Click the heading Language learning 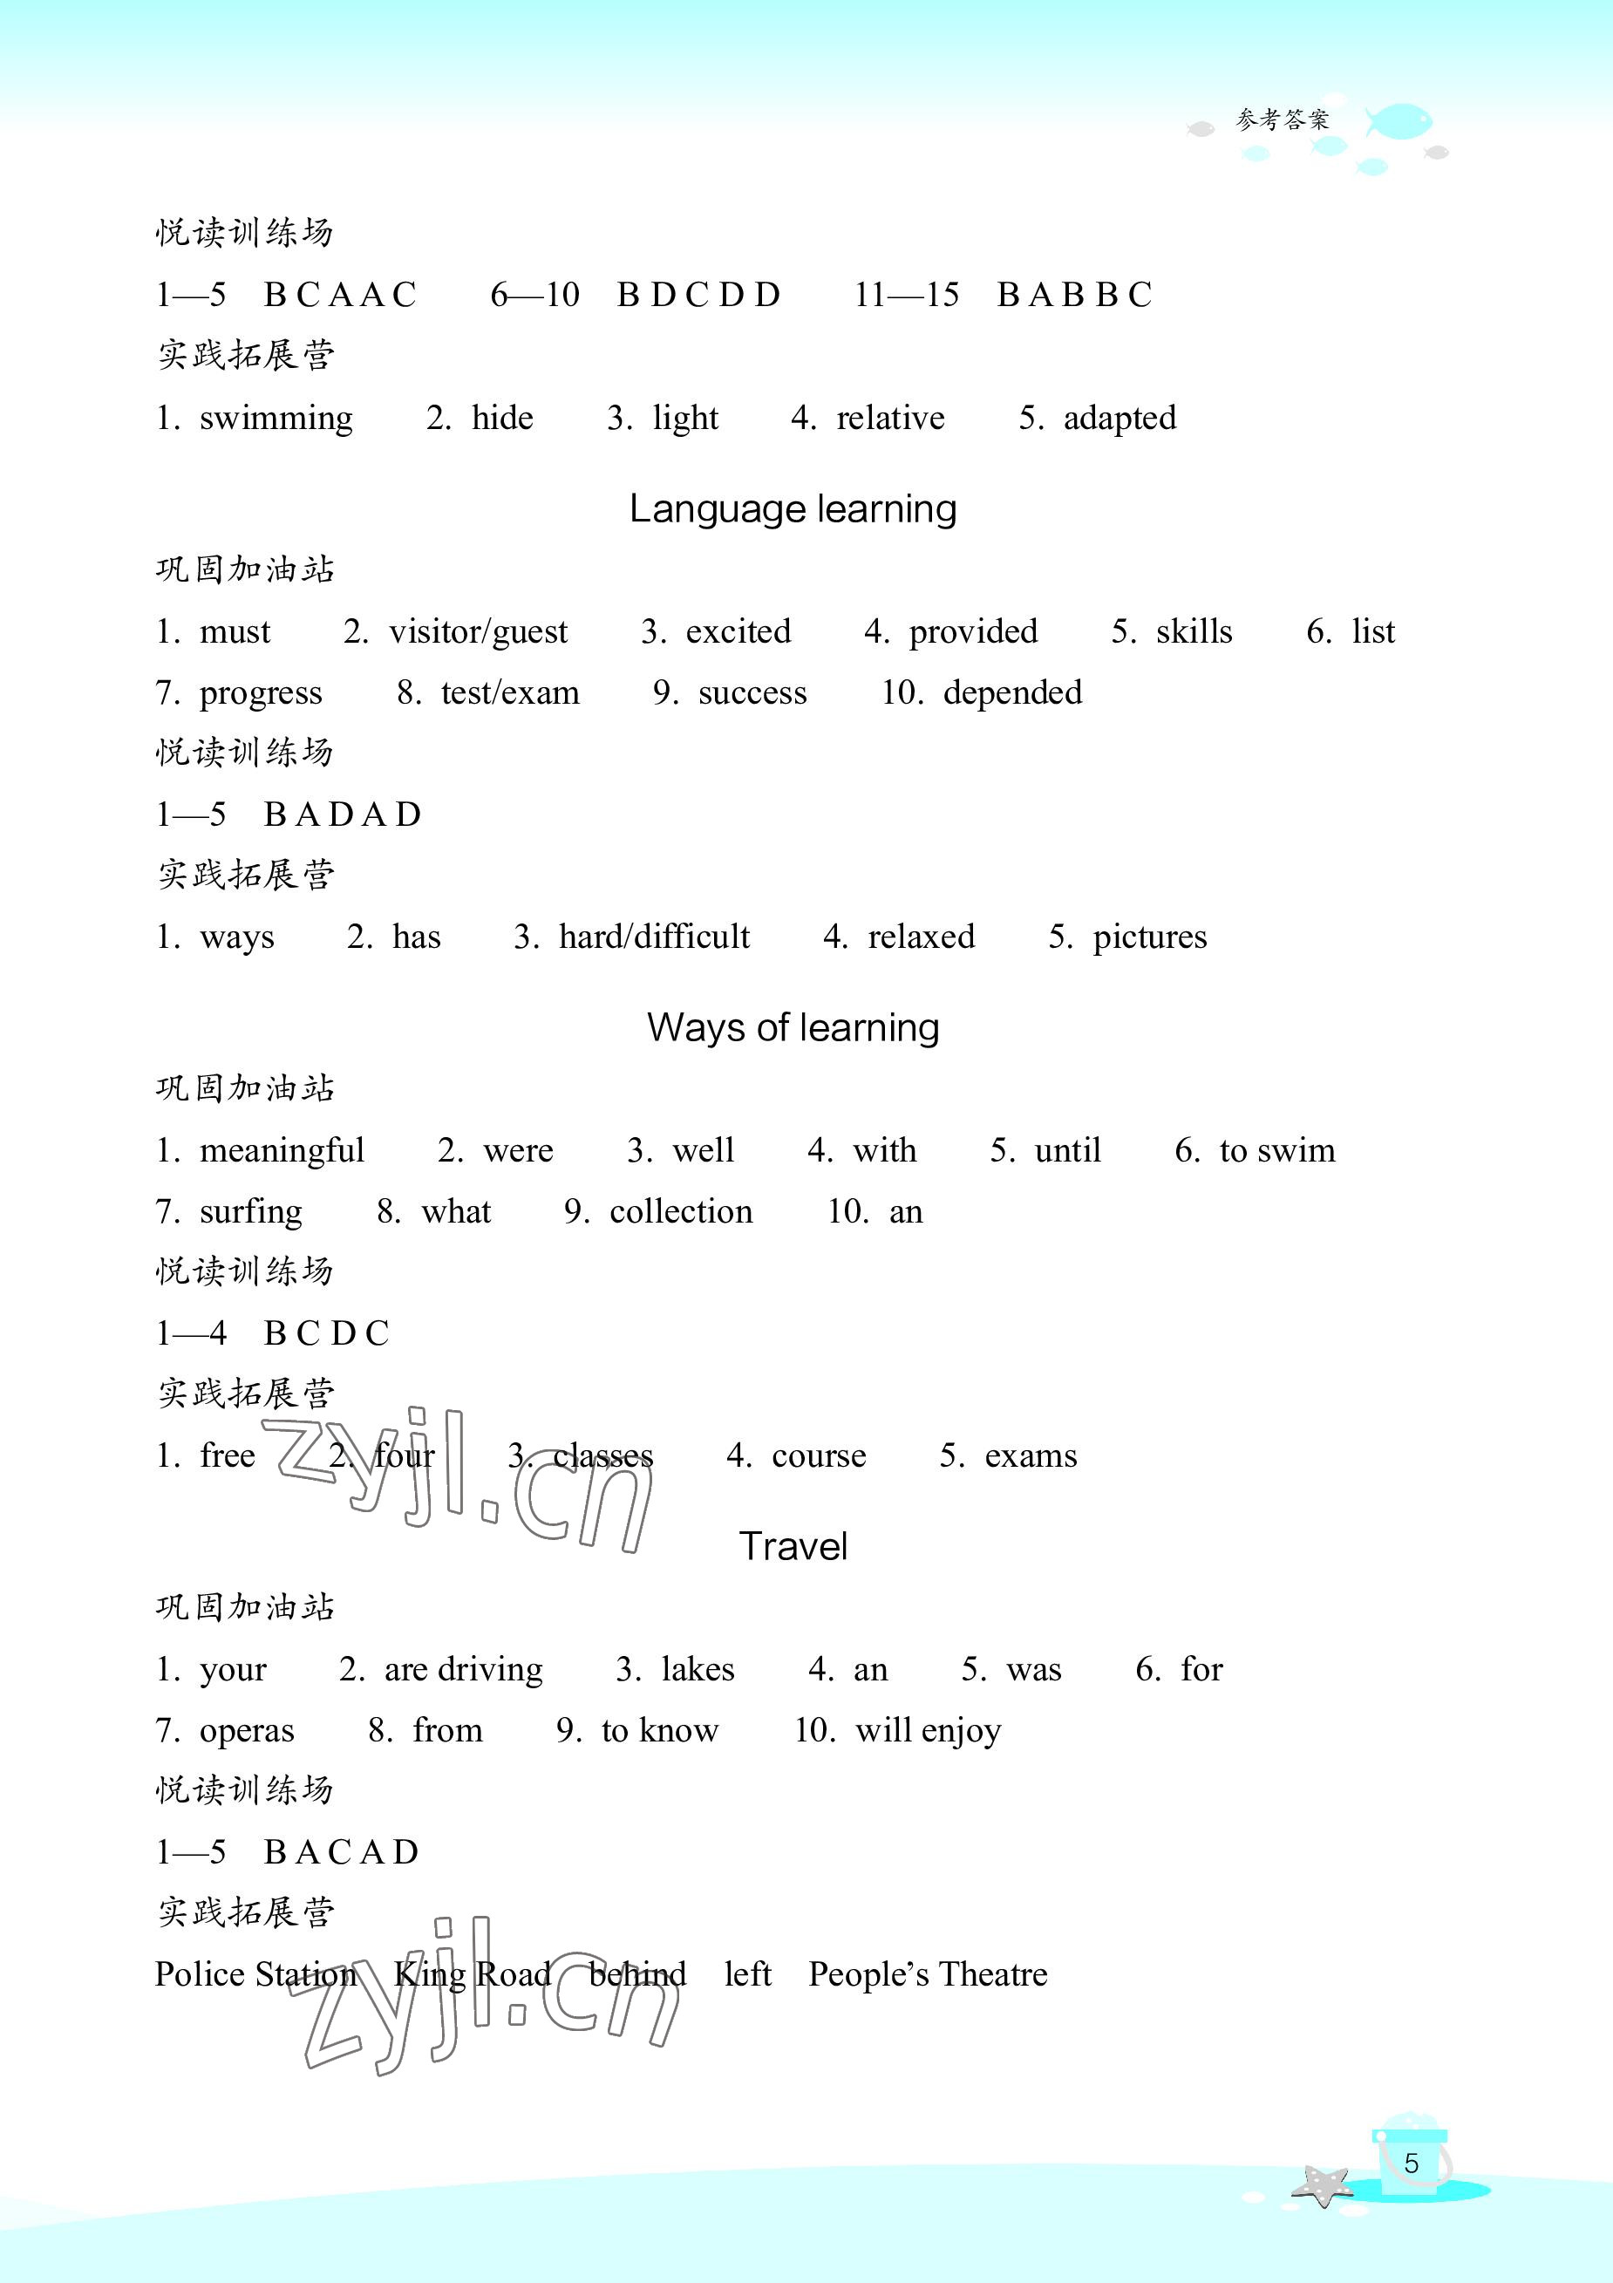[x=793, y=509]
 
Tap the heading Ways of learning [x=793, y=1027]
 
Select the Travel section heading [x=793, y=1546]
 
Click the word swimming [x=276, y=418]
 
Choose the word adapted [x=1119, y=418]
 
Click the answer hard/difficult [x=653, y=937]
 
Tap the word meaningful [x=282, y=1150]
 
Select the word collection [x=680, y=1211]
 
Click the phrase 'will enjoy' [x=928, y=1730]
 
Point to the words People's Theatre [x=928, y=1973]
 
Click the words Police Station [x=255, y=1973]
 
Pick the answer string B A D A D [x=342, y=814]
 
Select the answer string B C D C [x=326, y=1333]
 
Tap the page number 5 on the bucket [x=1410, y=2163]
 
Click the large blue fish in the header [x=1399, y=121]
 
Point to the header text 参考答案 [x=1282, y=120]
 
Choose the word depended [x=1011, y=693]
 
